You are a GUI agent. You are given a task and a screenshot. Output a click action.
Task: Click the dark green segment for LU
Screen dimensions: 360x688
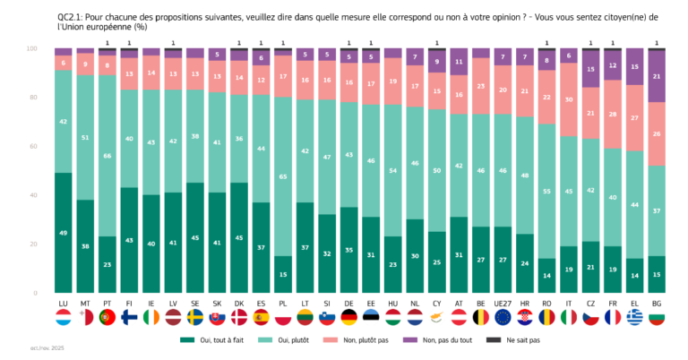(64, 232)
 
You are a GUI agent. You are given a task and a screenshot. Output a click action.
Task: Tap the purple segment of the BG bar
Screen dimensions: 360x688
(658, 77)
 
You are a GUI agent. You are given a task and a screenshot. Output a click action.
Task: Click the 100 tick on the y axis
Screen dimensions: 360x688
(31, 48)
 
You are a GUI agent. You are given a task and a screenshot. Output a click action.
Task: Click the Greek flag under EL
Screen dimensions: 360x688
(634, 318)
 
